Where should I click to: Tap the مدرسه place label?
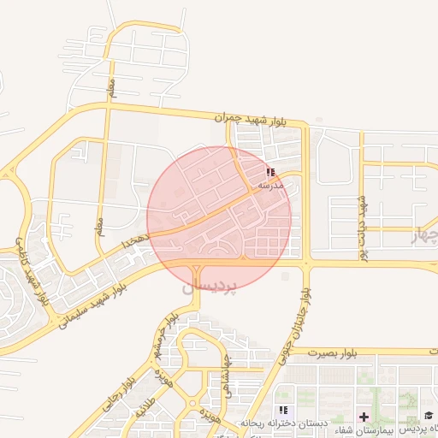click(x=270, y=186)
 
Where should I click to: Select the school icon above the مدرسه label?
click(x=271, y=173)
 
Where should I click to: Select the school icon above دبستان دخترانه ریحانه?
click(x=284, y=411)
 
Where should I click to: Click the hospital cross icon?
click(x=364, y=417)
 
